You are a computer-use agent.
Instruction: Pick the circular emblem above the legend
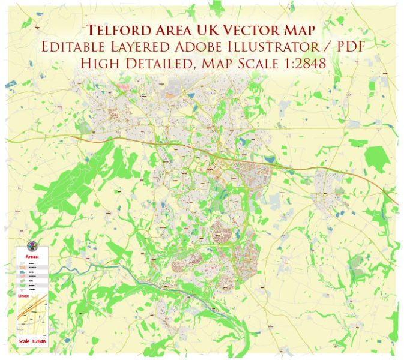[31, 245]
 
